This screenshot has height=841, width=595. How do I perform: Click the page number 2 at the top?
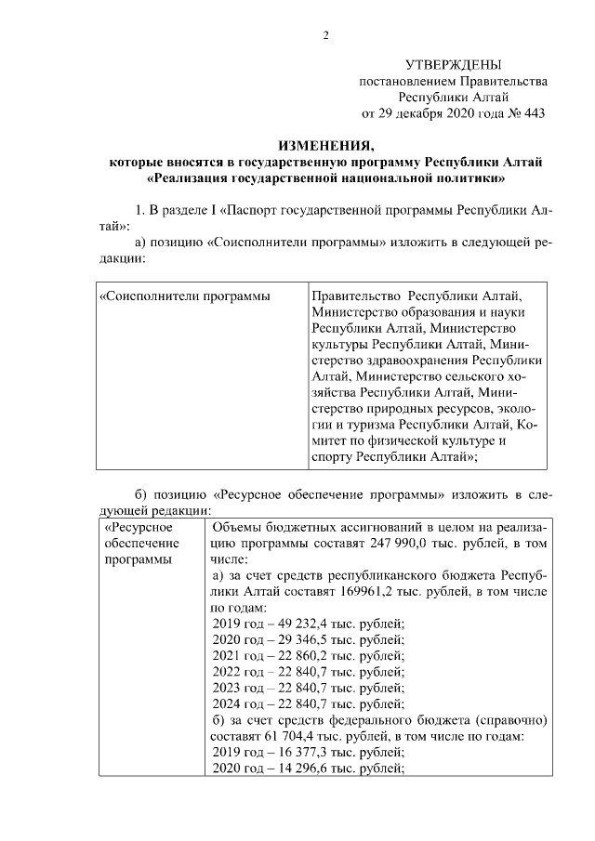(x=325, y=36)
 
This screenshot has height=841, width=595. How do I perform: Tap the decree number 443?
(x=531, y=114)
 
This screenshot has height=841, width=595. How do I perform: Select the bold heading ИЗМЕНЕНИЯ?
(x=325, y=146)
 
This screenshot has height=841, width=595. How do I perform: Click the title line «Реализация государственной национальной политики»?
(x=325, y=177)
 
